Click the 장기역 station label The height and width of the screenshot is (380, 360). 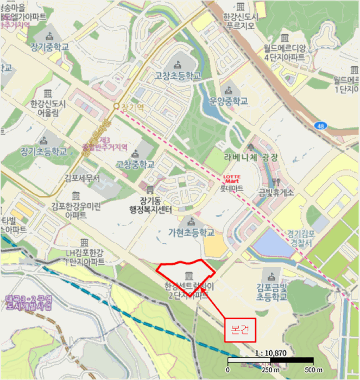point(132,107)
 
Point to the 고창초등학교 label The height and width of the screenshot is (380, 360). point(177,75)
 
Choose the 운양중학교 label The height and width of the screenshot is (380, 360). point(228,101)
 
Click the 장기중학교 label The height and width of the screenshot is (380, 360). point(49,47)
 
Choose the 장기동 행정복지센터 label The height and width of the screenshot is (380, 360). point(150,205)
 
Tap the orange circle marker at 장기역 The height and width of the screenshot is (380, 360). point(116,107)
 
